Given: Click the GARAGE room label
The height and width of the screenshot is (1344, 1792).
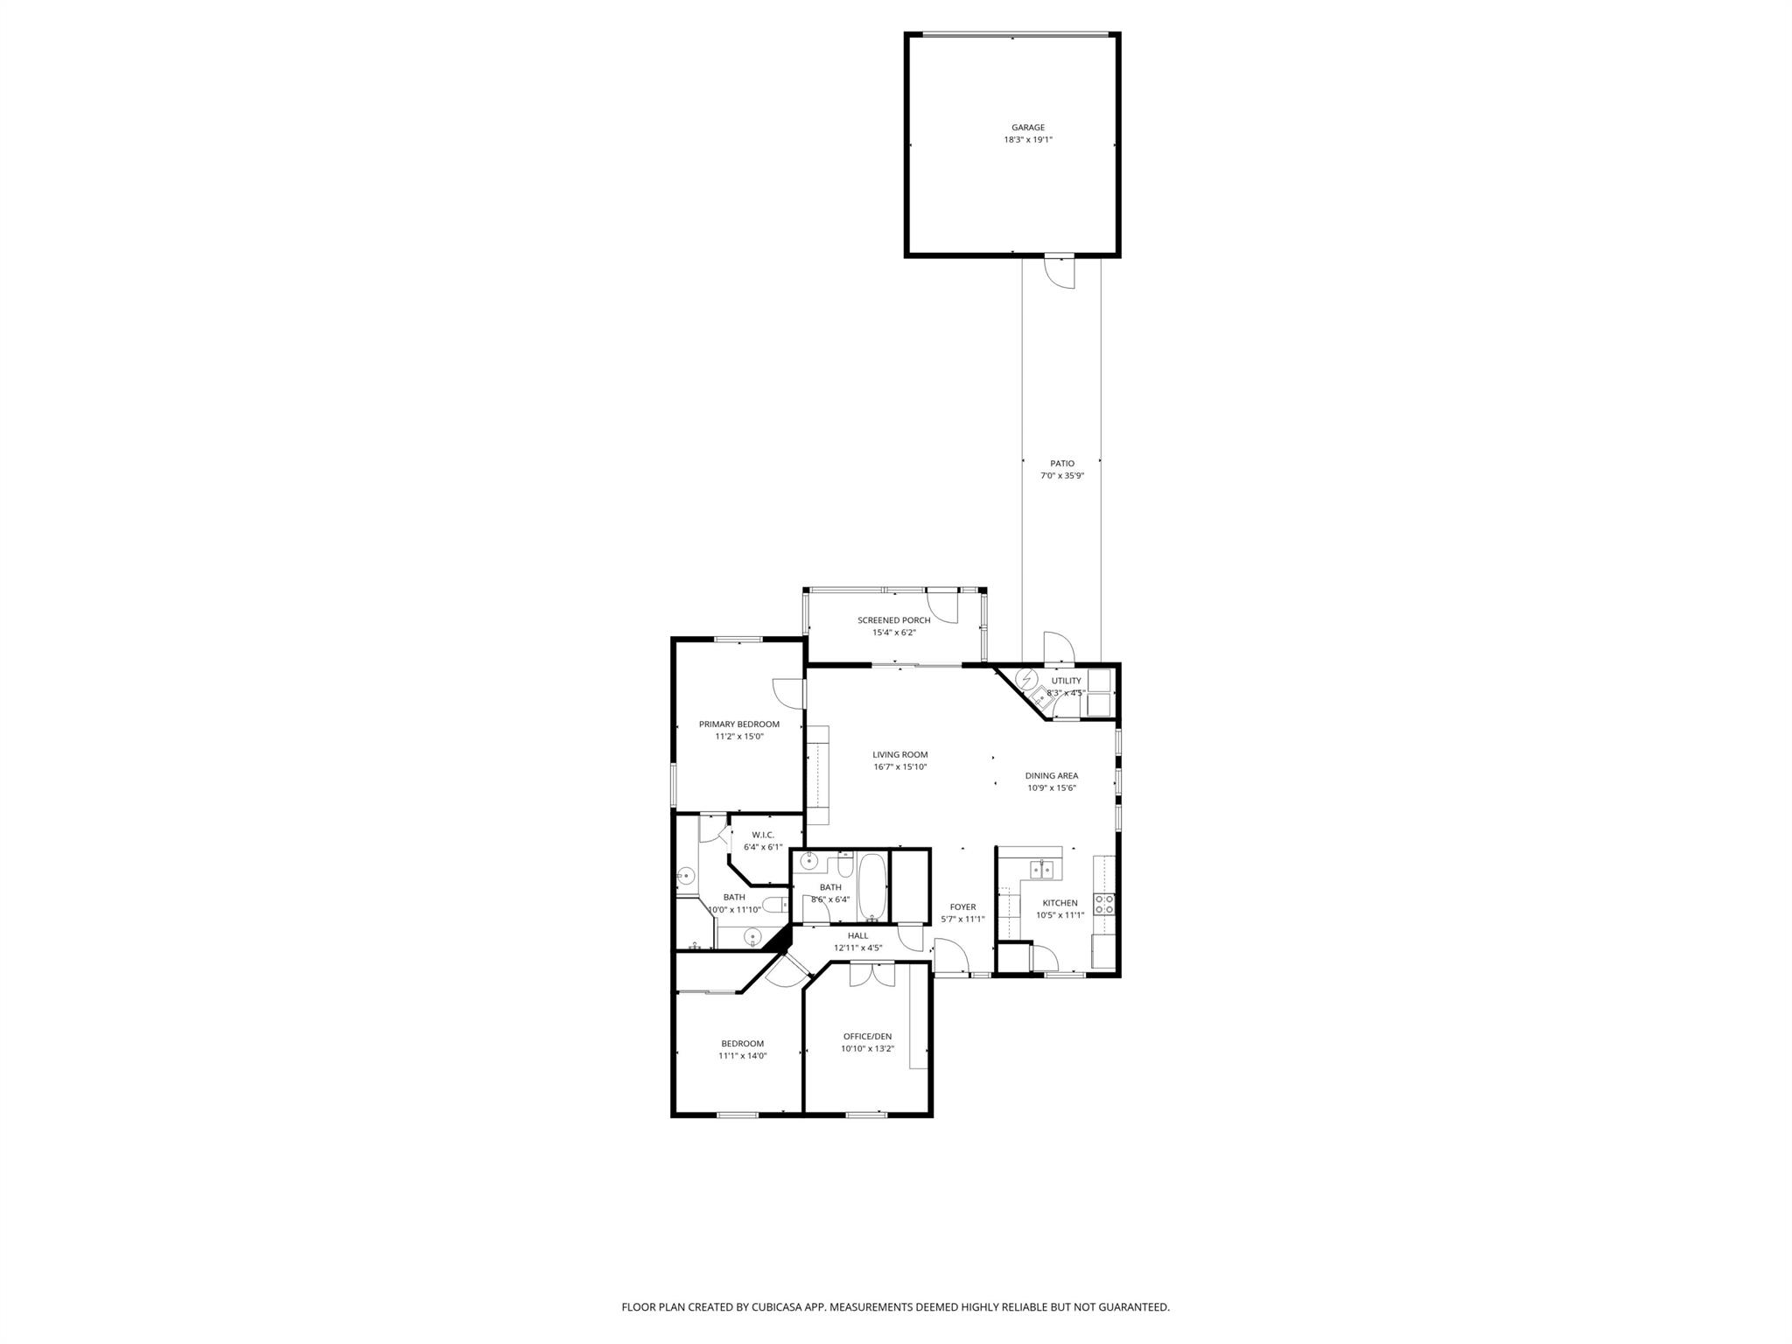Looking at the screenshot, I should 1028,128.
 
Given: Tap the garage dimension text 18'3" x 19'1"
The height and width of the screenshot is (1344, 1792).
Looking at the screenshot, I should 1028,140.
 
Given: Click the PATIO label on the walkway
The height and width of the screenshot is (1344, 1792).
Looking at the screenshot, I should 1062,464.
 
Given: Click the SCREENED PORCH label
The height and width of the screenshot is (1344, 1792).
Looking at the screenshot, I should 893,620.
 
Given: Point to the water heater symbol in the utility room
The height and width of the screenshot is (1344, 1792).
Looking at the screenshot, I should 1025,679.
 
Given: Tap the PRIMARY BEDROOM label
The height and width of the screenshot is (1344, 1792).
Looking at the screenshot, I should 738,724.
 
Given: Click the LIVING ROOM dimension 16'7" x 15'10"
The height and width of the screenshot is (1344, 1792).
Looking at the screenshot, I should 899,767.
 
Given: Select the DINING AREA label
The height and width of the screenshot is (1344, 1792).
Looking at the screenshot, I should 1051,775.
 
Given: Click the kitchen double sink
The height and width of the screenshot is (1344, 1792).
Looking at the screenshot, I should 1041,869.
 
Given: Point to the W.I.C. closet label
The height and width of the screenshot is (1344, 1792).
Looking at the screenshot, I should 763,835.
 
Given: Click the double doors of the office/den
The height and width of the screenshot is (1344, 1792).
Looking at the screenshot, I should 871,974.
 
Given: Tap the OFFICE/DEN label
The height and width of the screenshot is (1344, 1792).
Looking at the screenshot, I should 867,1037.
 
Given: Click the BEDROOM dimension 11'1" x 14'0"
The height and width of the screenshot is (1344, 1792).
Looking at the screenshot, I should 742,1056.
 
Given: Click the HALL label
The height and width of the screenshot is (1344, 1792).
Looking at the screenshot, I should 857,935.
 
